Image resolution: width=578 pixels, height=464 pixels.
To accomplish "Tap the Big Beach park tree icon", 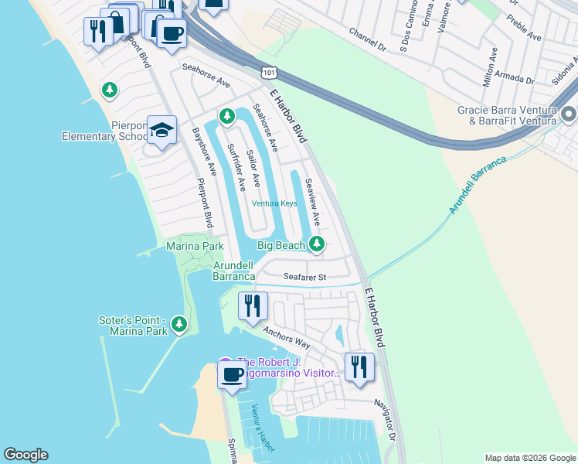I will click(x=316, y=244).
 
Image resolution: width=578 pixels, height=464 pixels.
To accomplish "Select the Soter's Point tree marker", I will click(x=179, y=324).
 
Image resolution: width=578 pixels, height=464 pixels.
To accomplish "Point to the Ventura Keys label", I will click(x=274, y=203).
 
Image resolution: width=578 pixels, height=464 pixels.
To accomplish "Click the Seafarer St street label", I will click(x=305, y=276).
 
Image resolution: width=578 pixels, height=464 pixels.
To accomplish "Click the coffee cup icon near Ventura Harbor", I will click(x=232, y=376).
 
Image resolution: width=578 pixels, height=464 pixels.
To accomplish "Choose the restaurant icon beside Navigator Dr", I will click(x=358, y=367).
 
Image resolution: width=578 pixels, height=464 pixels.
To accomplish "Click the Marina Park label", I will click(x=195, y=246).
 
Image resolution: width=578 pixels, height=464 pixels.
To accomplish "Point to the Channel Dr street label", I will click(x=367, y=40).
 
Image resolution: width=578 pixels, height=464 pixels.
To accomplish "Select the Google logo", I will click(x=25, y=455).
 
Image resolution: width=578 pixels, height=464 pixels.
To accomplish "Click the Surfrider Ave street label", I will click(x=236, y=166).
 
